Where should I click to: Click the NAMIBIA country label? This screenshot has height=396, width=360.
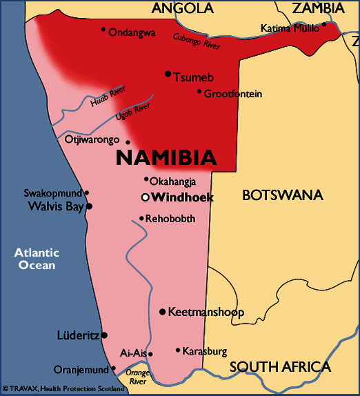(166, 157)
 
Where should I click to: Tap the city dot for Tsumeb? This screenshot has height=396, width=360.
(168, 73)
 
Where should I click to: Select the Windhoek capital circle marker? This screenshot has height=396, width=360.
(145, 197)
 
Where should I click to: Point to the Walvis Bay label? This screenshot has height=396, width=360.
(55, 206)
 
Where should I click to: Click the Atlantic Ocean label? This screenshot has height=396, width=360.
(37, 259)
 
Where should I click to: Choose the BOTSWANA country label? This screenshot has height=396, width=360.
(282, 195)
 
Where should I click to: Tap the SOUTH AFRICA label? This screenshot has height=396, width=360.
(280, 366)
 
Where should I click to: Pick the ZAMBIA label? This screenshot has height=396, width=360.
(318, 8)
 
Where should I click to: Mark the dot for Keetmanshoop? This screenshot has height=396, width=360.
(162, 312)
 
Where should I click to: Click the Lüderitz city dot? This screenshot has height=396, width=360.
(104, 335)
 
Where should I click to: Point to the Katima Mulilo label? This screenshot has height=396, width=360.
(290, 28)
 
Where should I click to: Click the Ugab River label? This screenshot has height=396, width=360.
(132, 112)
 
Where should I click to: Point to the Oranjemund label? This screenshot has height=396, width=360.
(81, 369)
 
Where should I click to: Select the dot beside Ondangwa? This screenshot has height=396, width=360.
(103, 29)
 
